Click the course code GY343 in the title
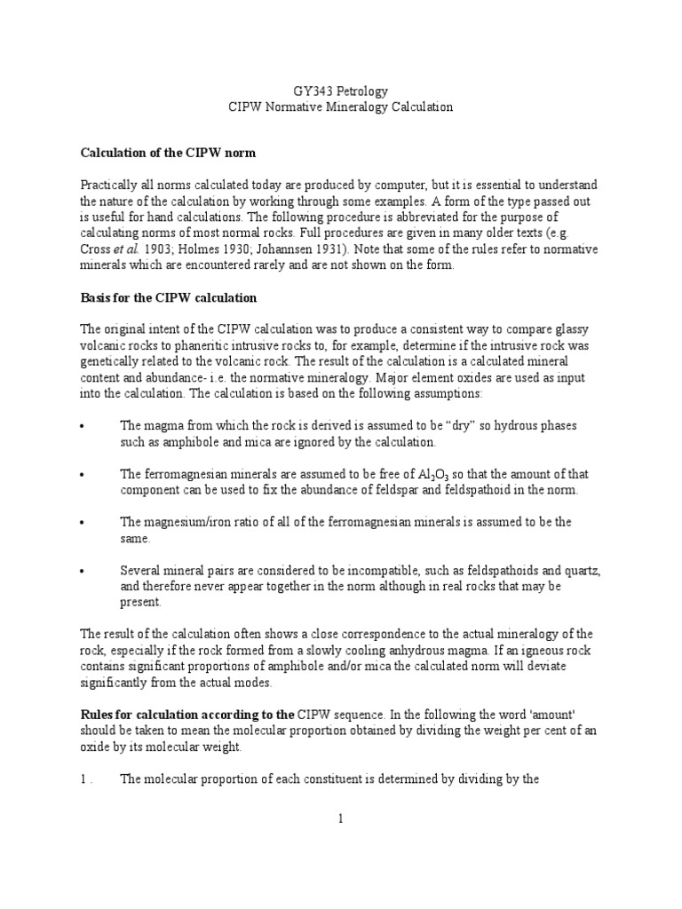pyautogui.click(x=312, y=91)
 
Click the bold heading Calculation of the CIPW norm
pyautogui.click(x=168, y=153)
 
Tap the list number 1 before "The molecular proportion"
pyautogui.click(x=83, y=780)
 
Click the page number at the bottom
pyautogui.click(x=340, y=818)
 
